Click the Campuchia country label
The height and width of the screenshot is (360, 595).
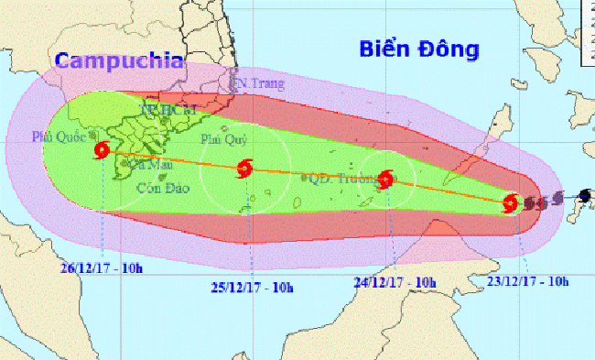(x=118, y=61)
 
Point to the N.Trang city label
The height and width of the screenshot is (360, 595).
(x=261, y=84)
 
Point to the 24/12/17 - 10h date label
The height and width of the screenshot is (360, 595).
(x=394, y=282)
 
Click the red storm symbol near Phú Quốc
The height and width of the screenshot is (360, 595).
(x=101, y=150)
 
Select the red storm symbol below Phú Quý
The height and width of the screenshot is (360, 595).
(x=244, y=168)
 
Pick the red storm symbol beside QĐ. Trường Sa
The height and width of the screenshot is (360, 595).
(x=386, y=179)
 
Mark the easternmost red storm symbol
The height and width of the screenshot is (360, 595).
(x=512, y=203)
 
